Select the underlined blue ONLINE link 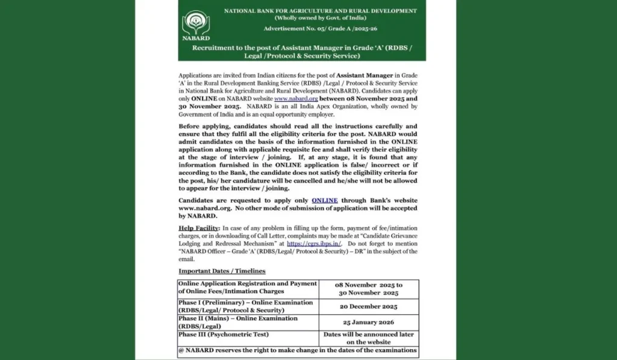pyautogui.click(x=325, y=200)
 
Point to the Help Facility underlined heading pyautogui.click(x=199, y=228)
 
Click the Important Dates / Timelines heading pyautogui.click(x=222, y=271)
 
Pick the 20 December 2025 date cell pyautogui.click(x=369, y=306)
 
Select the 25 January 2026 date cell pyautogui.click(x=369, y=323)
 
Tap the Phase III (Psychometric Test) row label pyautogui.click(x=224, y=334)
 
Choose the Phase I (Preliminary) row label pyautogui.click(x=245, y=306)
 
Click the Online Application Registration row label pyautogui.click(x=248, y=288)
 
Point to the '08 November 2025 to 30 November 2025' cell pyautogui.click(x=369, y=288)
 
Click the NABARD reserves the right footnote pyautogui.click(x=298, y=350)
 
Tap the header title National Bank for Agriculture pyautogui.click(x=320, y=11)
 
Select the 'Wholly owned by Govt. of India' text pyautogui.click(x=320, y=18)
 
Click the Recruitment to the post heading pyautogui.click(x=302, y=51)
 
